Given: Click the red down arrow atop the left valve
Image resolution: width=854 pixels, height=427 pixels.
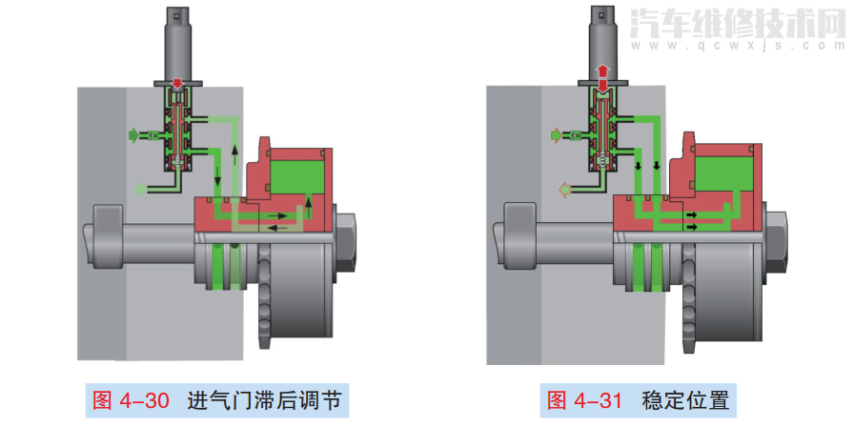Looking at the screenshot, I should coord(177,85).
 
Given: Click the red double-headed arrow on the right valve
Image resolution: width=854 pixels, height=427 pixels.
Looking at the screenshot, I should coord(602,79).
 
